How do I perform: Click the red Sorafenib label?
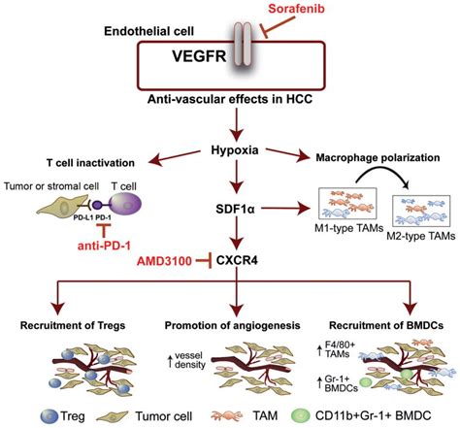(296, 9)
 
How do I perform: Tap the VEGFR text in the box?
(199, 55)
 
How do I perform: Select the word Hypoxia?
(235, 150)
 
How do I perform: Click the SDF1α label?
(235, 210)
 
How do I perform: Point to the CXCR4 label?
(237, 260)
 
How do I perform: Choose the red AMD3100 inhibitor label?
(164, 261)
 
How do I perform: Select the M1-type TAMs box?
(347, 204)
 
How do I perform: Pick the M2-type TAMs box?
(421, 211)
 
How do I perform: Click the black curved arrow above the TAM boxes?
(381, 172)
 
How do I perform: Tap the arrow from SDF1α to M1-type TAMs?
(285, 209)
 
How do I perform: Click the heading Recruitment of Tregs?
(73, 325)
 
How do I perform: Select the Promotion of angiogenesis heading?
(232, 325)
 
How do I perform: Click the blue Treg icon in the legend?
(49, 416)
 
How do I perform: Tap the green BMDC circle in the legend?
(300, 415)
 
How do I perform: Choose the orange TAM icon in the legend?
(226, 415)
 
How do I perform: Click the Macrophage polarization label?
(378, 158)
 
